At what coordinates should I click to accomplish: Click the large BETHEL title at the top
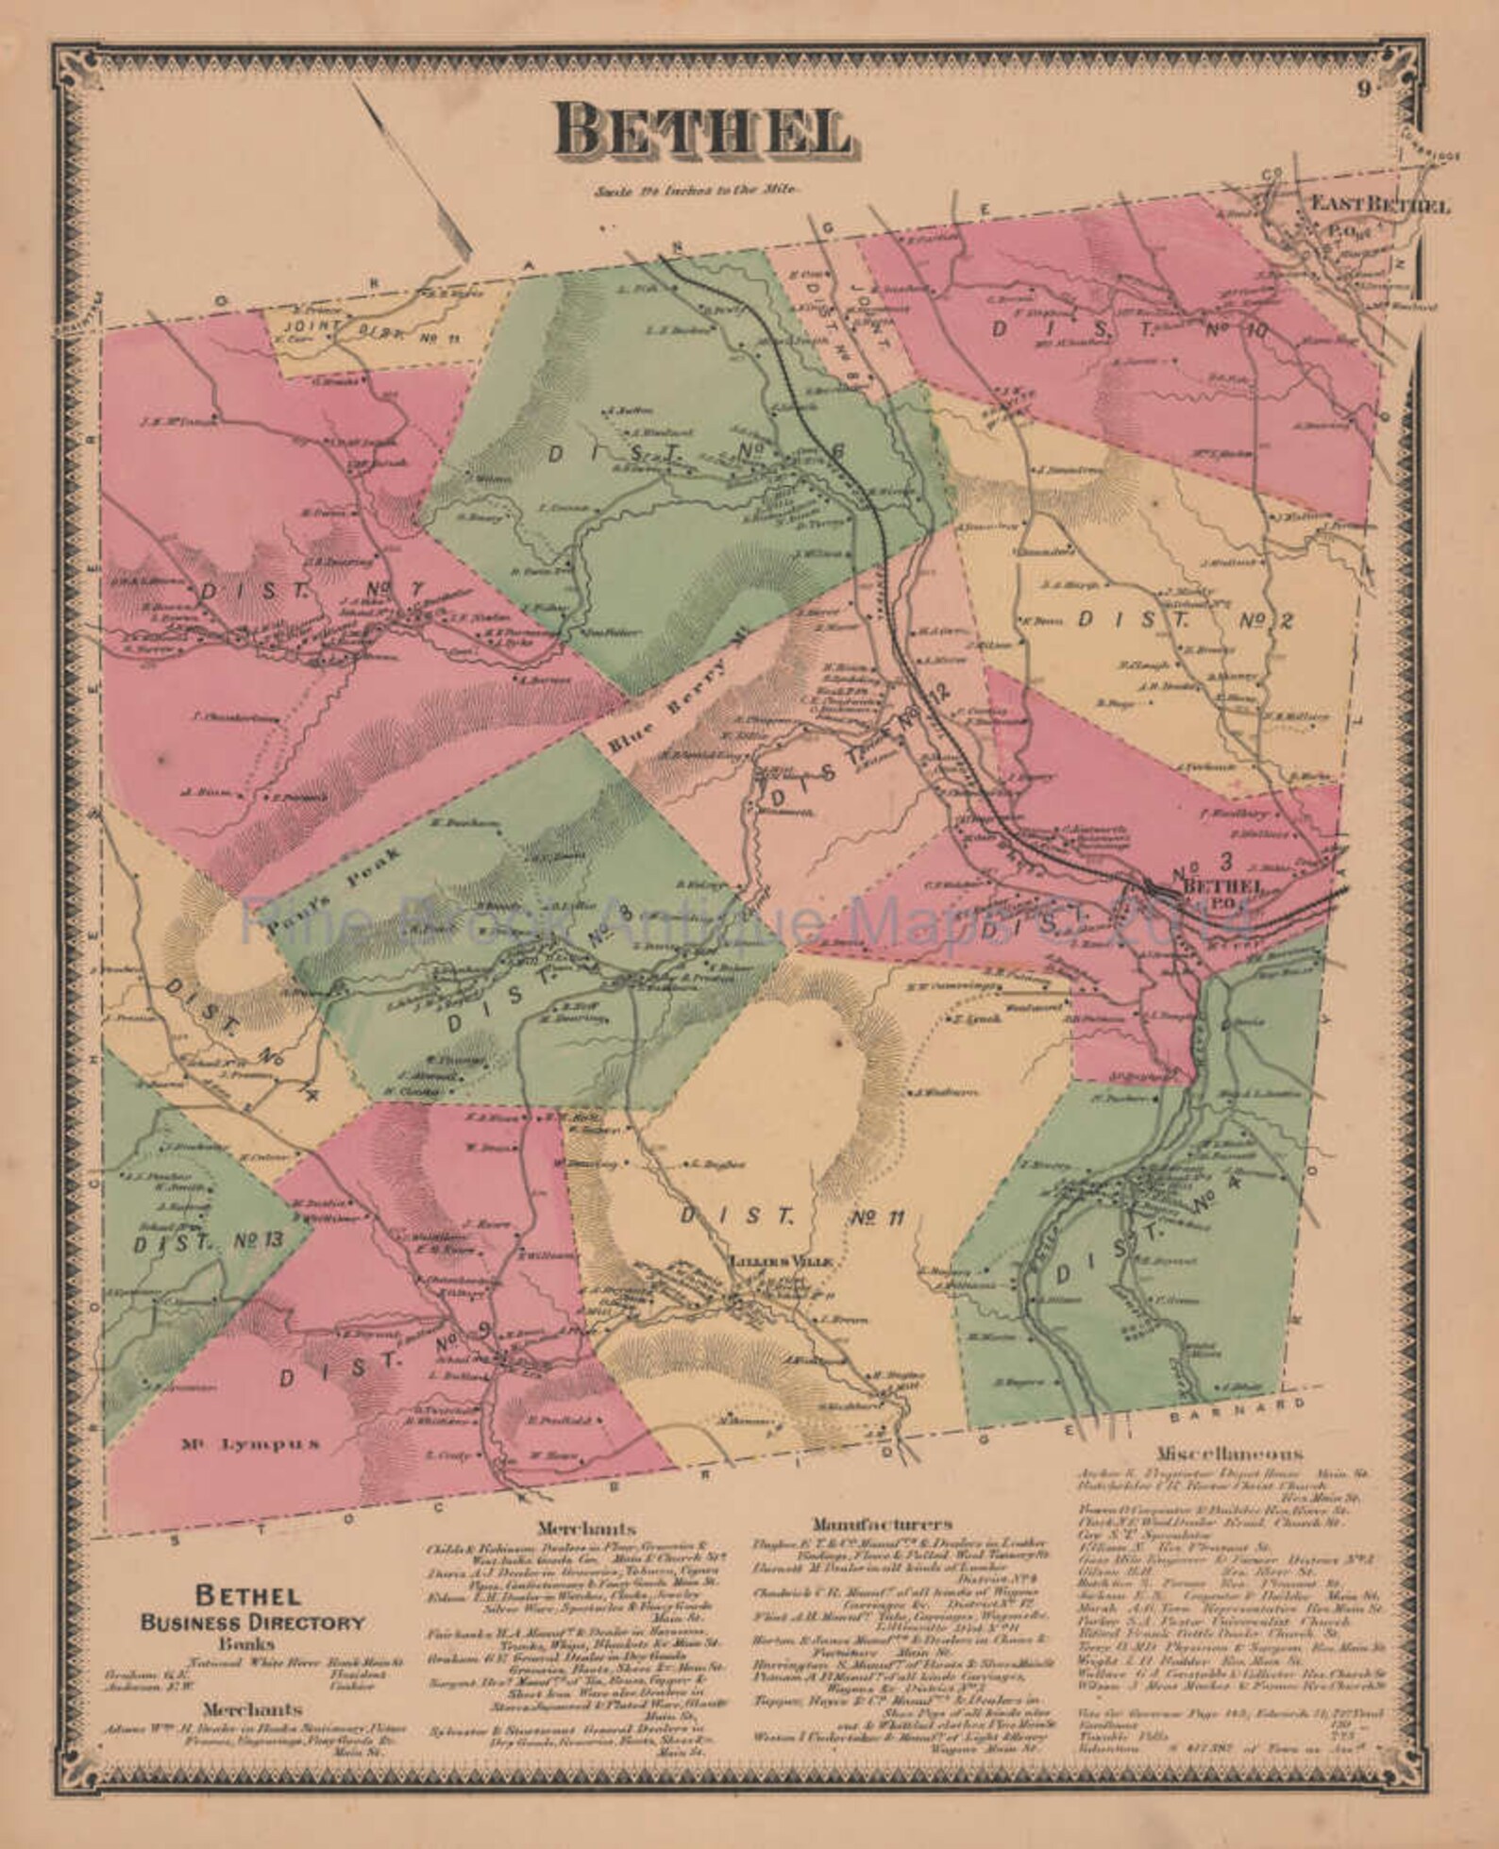pyautogui.click(x=700, y=130)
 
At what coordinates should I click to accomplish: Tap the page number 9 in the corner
pyautogui.click(x=1365, y=91)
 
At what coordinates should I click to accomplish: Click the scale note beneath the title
pyautogui.click(x=699, y=189)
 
